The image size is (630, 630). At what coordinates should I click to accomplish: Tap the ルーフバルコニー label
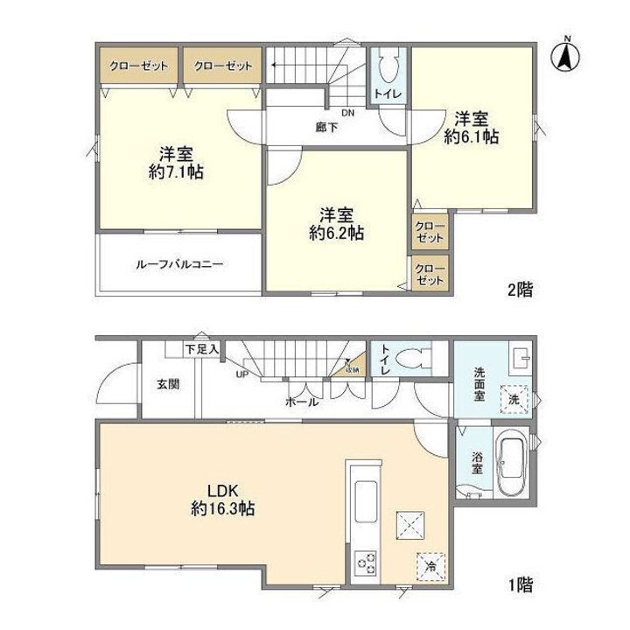click(x=178, y=262)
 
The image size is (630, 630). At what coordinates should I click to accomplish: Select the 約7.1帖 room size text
click(x=177, y=173)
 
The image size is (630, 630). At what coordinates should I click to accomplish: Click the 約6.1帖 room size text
click(x=472, y=136)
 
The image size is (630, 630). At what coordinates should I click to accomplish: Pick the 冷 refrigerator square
click(x=430, y=566)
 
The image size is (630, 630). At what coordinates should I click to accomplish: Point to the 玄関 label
click(x=169, y=383)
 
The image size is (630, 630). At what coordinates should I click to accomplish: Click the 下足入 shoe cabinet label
click(x=202, y=349)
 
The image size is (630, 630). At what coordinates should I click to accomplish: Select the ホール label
click(x=300, y=402)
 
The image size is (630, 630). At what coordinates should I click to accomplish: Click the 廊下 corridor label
click(x=327, y=127)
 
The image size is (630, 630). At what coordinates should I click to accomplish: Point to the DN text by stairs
click(x=348, y=113)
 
